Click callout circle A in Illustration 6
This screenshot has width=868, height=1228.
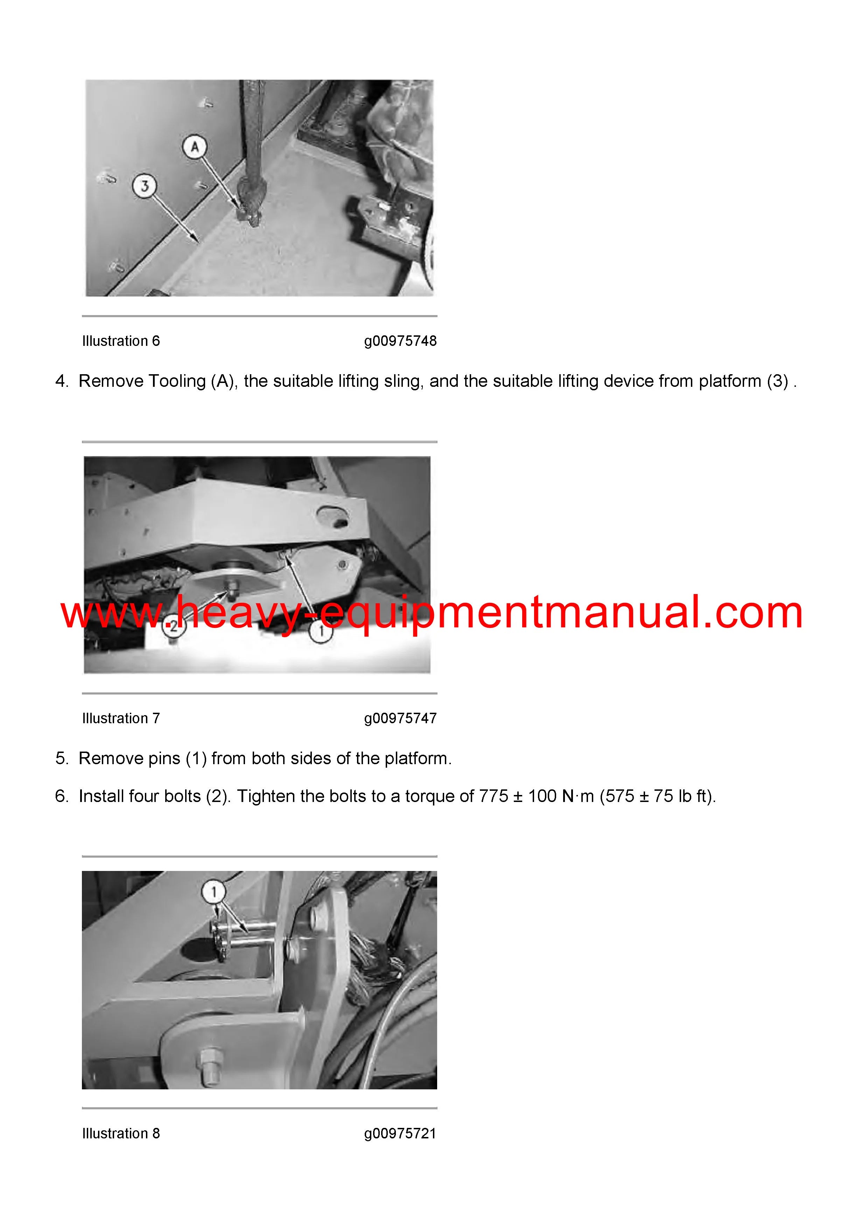coord(195,147)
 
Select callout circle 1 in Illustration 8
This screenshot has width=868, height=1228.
coord(214,892)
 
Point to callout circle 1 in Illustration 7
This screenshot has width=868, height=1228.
coord(321,631)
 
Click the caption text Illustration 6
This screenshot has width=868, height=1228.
coord(121,341)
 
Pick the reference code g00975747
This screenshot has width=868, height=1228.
coord(400,718)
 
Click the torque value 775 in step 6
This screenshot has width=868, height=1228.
coord(493,796)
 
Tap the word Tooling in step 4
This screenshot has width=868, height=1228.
coord(176,381)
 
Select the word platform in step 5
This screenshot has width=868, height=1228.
coord(418,759)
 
